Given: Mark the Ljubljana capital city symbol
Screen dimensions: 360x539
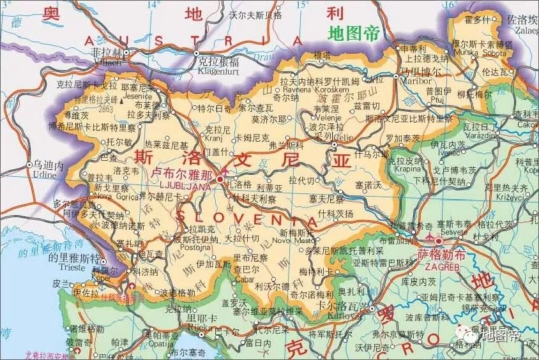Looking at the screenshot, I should click(x=220, y=180).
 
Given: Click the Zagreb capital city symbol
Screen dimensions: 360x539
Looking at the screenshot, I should click(x=439, y=241).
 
